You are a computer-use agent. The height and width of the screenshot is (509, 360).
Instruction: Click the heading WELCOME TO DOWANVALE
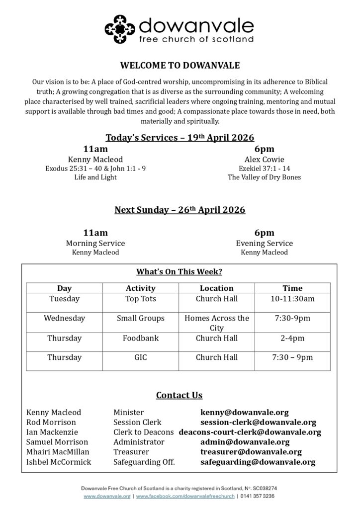click(180, 65)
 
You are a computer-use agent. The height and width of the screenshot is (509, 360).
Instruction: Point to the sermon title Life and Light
click(95, 177)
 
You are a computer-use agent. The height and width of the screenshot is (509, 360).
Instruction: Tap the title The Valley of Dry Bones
click(264, 177)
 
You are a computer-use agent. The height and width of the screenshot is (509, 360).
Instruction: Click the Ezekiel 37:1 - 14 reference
click(264, 169)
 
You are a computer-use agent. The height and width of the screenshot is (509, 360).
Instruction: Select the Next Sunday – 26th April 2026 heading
click(180, 210)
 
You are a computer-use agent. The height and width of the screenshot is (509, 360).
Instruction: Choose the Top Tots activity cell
click(141, 299)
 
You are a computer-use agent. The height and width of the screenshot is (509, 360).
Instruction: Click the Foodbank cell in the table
click(141, 338)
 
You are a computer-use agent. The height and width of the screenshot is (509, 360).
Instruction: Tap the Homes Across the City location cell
click(216, 323)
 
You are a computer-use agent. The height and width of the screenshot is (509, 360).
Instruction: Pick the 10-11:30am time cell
click(292, 299)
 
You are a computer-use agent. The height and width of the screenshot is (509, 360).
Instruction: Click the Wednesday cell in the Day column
click(64, 318)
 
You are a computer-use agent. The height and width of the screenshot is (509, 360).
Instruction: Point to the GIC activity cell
click(141, 357)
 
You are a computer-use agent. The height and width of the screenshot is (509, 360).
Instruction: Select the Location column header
click(216, 288)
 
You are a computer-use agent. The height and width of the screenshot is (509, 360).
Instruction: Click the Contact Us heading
click(180, 396)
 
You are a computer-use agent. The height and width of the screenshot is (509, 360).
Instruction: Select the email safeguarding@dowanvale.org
click(258, 462)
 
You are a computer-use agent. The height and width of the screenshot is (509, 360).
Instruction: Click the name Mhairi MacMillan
click(58, 452)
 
